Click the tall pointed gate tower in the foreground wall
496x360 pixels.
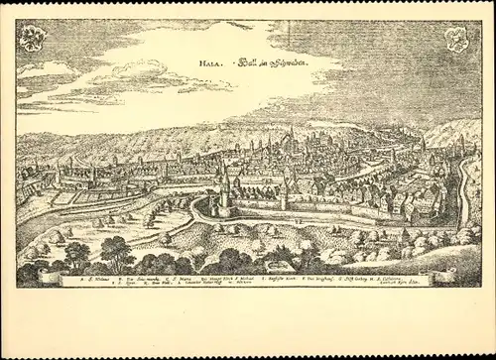(225, 188)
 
